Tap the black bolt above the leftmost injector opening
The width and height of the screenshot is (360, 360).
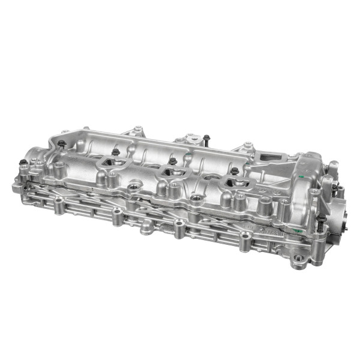point(115,152)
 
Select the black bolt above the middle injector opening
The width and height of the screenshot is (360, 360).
point(172,161)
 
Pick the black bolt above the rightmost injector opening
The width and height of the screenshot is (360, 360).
point(235,171)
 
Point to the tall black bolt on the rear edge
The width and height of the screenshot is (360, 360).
point(205,139)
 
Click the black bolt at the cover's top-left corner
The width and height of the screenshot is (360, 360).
point(61,143)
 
